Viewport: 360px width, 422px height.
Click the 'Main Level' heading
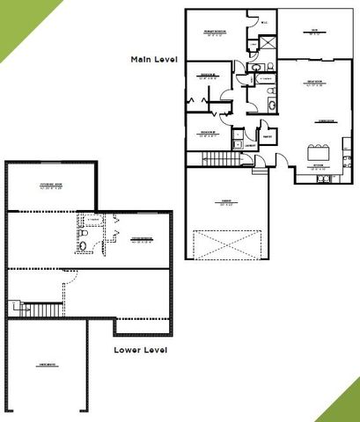[x=154, y=59]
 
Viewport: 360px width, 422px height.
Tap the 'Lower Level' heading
[x=141, y=349]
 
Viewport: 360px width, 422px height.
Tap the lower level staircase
[x=42, y=309]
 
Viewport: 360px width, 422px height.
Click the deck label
[x=314, y=31]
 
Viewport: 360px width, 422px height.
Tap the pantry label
[x=267, y=135]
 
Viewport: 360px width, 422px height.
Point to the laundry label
[x=250, y=143]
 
